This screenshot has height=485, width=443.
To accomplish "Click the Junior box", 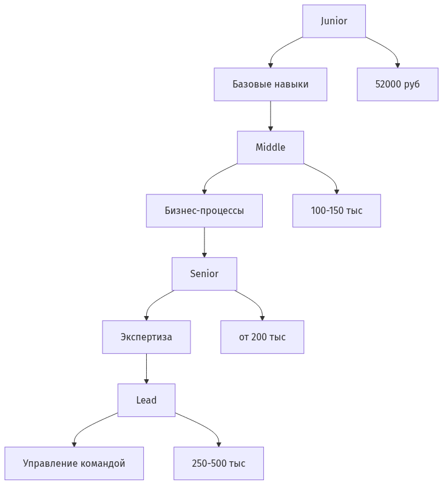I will pos(334,21).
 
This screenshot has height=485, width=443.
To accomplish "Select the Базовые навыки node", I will pos(270,84).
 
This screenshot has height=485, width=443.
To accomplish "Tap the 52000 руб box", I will pos(397,84).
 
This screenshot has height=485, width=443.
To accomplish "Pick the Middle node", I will pos(270,148).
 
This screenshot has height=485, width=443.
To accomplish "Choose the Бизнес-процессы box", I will pos(204,211).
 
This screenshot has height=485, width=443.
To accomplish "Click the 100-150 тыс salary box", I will pos(336,211).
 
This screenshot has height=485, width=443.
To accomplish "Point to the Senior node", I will pos(204,274).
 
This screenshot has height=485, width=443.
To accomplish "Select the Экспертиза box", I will pos(146,337).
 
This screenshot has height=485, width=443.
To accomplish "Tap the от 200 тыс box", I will pos(262,337).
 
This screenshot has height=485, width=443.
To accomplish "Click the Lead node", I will pos(146,401).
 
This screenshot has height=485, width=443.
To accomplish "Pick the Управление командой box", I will pos(74,464).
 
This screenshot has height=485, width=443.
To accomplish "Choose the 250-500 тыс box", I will pos(218,464).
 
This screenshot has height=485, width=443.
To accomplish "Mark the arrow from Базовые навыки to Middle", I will pos(270,115).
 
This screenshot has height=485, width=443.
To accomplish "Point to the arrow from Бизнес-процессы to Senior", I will pos(204,242).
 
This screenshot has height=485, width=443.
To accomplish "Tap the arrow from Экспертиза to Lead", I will pos(146,368).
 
